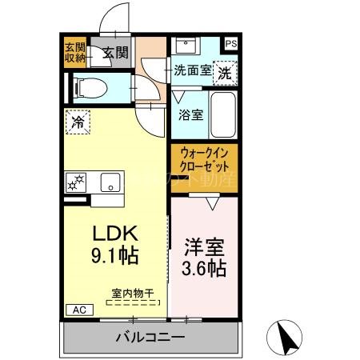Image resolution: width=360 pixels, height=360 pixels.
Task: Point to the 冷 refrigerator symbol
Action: click(x=78, y=122)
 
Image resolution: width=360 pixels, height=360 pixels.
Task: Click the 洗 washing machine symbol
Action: click(x=227, y=70)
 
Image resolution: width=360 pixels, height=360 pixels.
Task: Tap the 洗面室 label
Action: click(x=193, y=70)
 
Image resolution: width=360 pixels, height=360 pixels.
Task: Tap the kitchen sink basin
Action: click(x=108, y=181)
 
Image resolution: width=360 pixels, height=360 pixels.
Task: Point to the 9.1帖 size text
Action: click(x=115, y=257)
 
